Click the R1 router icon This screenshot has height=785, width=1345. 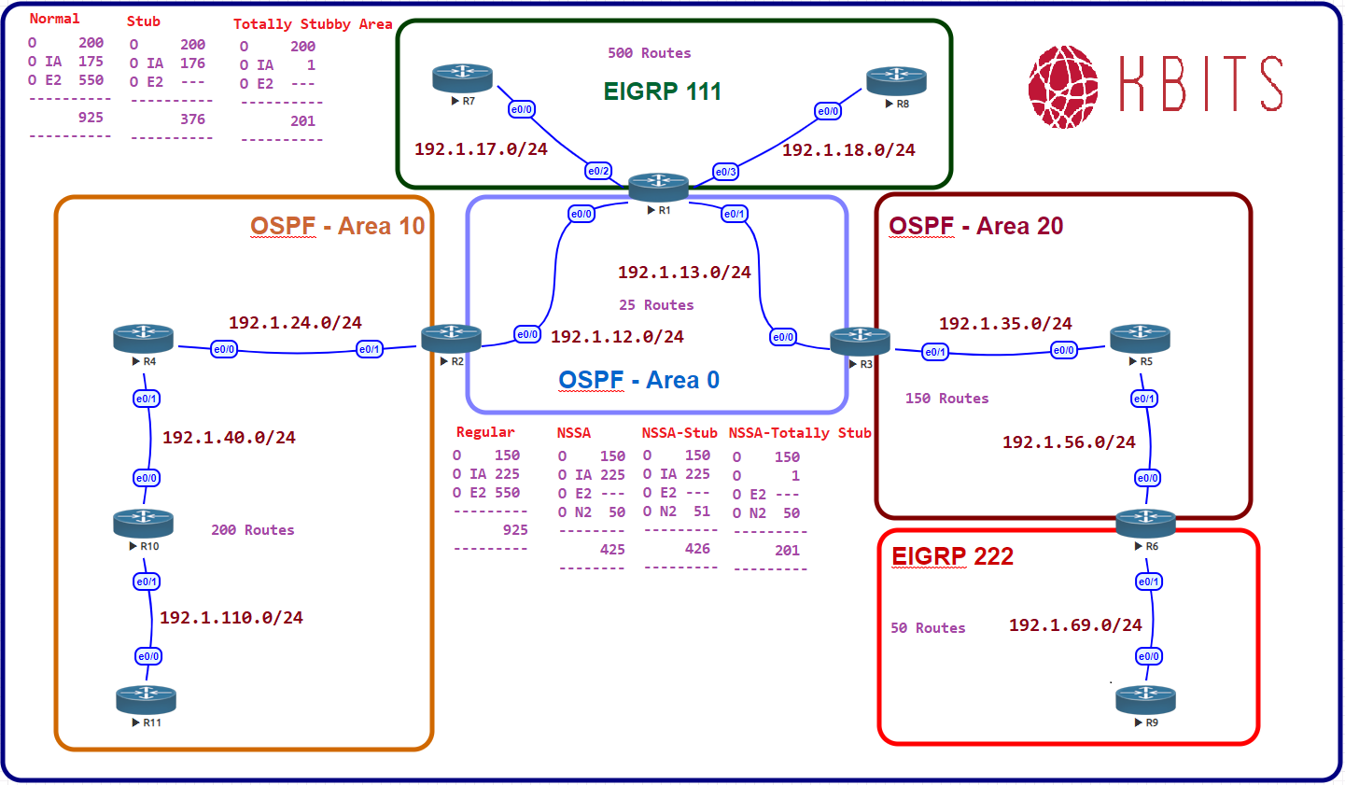pyautogui.click(x=658, y=187)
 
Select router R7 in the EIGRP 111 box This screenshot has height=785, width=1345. pyautogui.click(x=462, y=77)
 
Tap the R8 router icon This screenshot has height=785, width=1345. pyautogui.click(x=896, y=80)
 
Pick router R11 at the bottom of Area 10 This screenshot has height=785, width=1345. pyautogui.click(x=147, y=699)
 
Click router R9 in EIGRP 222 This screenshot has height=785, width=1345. pyautogui.click(x=1146, y=699)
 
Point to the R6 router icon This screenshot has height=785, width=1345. pyautogui.click(x=1145, y=523)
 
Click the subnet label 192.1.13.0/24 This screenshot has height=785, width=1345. pyautogui.click(x=684, y=273)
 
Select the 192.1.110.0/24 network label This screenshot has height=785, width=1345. pyautogui.click(x=231, y=618)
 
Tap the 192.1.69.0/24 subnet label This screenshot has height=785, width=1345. pyautogui.click(x=1075, y=625)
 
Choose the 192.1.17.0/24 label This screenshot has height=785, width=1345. pyautogui.click(x=481, y=149)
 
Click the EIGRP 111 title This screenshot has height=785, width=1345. pyautogui.click(x=663, y=91)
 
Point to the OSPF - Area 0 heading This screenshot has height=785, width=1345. pyautogui.click(x=639, y=380)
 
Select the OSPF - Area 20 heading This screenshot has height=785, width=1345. pyautogui.click(x=975, y=226)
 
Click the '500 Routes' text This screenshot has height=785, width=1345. pyautogui.click(x=650, y=53)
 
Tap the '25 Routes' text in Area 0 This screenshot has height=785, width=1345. pyautogui.click(x=656, y=305)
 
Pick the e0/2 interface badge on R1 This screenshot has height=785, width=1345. pyautogui.click(x=598, y=171)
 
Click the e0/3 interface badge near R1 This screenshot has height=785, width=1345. pyautogui.click(x=725, y=172)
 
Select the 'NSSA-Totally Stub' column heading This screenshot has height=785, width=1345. pyautogui.click(x=800, y=433)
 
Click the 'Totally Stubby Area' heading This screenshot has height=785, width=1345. pyautogui.click(x=313, y=24)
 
